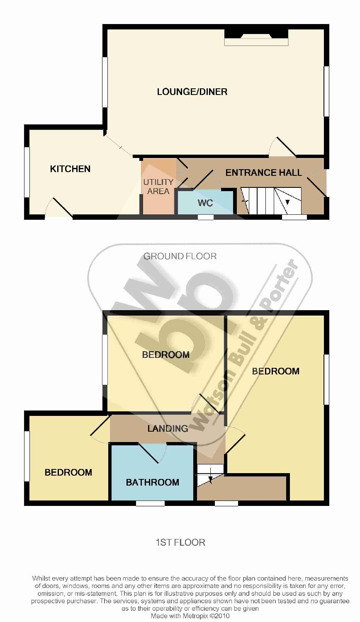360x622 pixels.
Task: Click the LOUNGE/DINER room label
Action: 192,92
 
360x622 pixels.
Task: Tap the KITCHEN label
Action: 70,169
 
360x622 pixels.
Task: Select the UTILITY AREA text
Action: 158,187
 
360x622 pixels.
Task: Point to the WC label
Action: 205,203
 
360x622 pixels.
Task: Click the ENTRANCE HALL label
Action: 264,173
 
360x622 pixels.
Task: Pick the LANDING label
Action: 168,428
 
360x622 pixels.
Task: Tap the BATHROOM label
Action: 153,482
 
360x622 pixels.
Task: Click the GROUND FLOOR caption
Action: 180,256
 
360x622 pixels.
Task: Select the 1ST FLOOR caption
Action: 180,542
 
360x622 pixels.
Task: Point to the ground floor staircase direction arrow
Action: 287,202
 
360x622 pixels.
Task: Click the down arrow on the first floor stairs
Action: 210,475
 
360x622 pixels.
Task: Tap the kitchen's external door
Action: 59,207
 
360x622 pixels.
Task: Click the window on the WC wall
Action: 206,217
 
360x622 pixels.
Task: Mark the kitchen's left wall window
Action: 27,172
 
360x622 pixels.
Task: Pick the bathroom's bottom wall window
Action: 150,503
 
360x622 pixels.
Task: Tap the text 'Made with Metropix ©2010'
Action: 190,616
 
